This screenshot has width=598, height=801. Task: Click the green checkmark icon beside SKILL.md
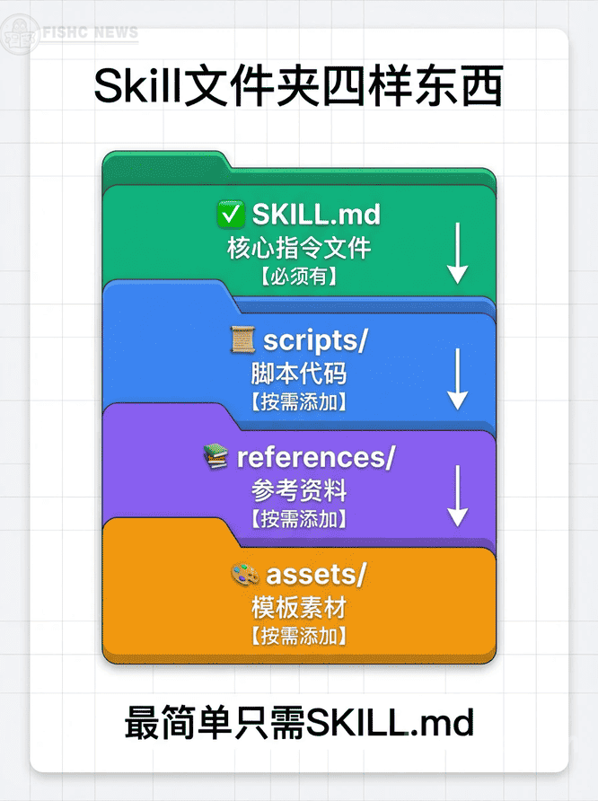[x=232, y=215]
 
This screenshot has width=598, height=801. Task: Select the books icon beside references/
[x=216, y=457]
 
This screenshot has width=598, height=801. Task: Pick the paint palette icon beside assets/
[x=244, y=574]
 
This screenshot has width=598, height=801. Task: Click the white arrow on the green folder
[x=458, y=252]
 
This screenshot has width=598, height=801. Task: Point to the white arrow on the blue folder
[x=458, y=378]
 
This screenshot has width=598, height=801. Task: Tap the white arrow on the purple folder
[x=458, y=495]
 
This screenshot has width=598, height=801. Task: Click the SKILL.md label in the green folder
[x=316, y=215]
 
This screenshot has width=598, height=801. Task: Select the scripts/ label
[x=316, y=340]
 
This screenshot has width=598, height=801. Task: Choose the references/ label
[x=315, y=457]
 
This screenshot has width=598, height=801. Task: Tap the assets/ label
[x=316, y=574]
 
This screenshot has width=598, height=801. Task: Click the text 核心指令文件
[x=299, y=248]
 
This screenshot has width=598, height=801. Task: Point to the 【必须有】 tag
[x=299, y=277]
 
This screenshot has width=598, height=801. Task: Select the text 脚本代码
[x=299, y=374]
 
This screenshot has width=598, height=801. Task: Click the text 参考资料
[x=299, y=490]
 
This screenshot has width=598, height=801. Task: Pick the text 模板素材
[x=299, y=608]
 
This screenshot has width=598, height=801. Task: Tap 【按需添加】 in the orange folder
[x=299, y=636]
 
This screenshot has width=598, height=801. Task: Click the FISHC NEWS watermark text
[x=91, y=34]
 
